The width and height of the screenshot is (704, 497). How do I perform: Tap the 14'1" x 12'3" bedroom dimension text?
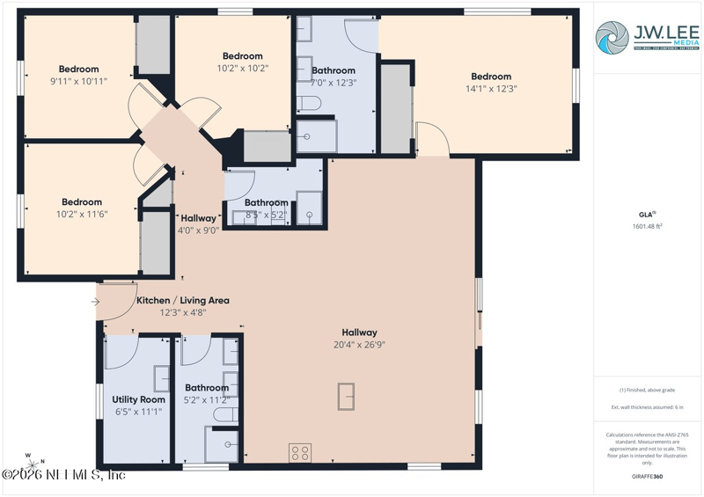tap(490, 88)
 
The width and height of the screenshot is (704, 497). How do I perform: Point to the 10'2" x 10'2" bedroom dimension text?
tap(242, 68)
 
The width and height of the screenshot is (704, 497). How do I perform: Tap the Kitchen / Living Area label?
tap(182, 300)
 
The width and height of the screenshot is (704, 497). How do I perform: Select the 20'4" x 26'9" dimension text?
tap(360, 345)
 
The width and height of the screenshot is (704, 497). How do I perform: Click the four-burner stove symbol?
tap(299, 453)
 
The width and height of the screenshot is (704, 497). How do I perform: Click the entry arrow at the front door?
tap(94, 303)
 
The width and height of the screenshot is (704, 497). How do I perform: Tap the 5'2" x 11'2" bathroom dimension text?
tap(206, 399)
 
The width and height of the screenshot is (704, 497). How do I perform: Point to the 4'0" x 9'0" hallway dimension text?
tap(199, 230)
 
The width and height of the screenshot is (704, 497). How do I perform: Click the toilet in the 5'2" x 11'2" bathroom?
tap(225, 414)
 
